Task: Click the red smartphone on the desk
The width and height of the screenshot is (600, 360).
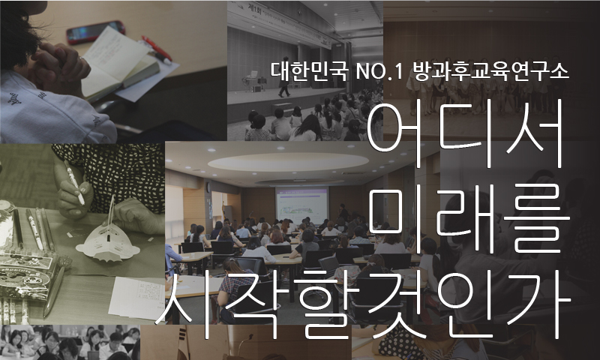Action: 96,32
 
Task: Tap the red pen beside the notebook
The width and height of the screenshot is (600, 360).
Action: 157,49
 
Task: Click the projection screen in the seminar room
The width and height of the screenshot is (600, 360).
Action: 301,205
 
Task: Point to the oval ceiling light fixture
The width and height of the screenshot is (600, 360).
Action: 288,162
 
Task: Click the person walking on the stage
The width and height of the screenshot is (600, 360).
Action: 284,77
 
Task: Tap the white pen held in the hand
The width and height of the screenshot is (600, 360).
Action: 74,182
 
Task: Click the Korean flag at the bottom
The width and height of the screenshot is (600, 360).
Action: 183,343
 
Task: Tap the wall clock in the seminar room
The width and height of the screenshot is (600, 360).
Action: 208,187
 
